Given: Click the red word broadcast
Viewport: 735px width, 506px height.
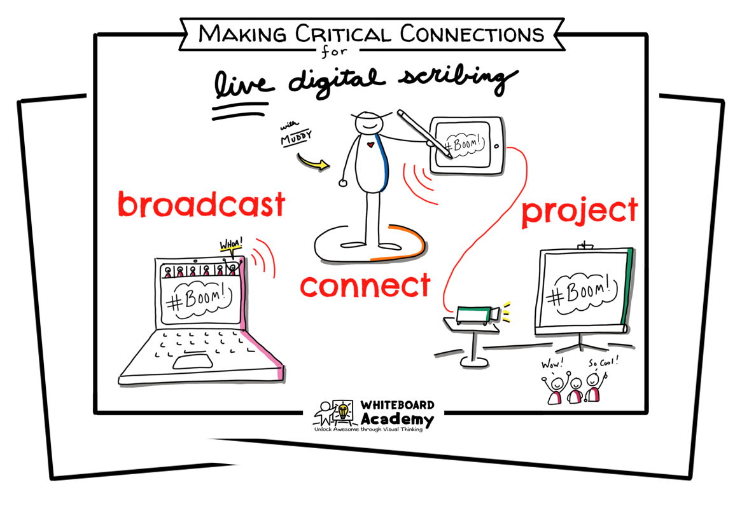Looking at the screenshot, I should [201, 205].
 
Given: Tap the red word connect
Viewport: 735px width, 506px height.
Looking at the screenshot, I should [365, 286].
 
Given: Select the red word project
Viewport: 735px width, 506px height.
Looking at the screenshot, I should [579, 211].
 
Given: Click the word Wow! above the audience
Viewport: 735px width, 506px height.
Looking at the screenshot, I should [549, 366].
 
